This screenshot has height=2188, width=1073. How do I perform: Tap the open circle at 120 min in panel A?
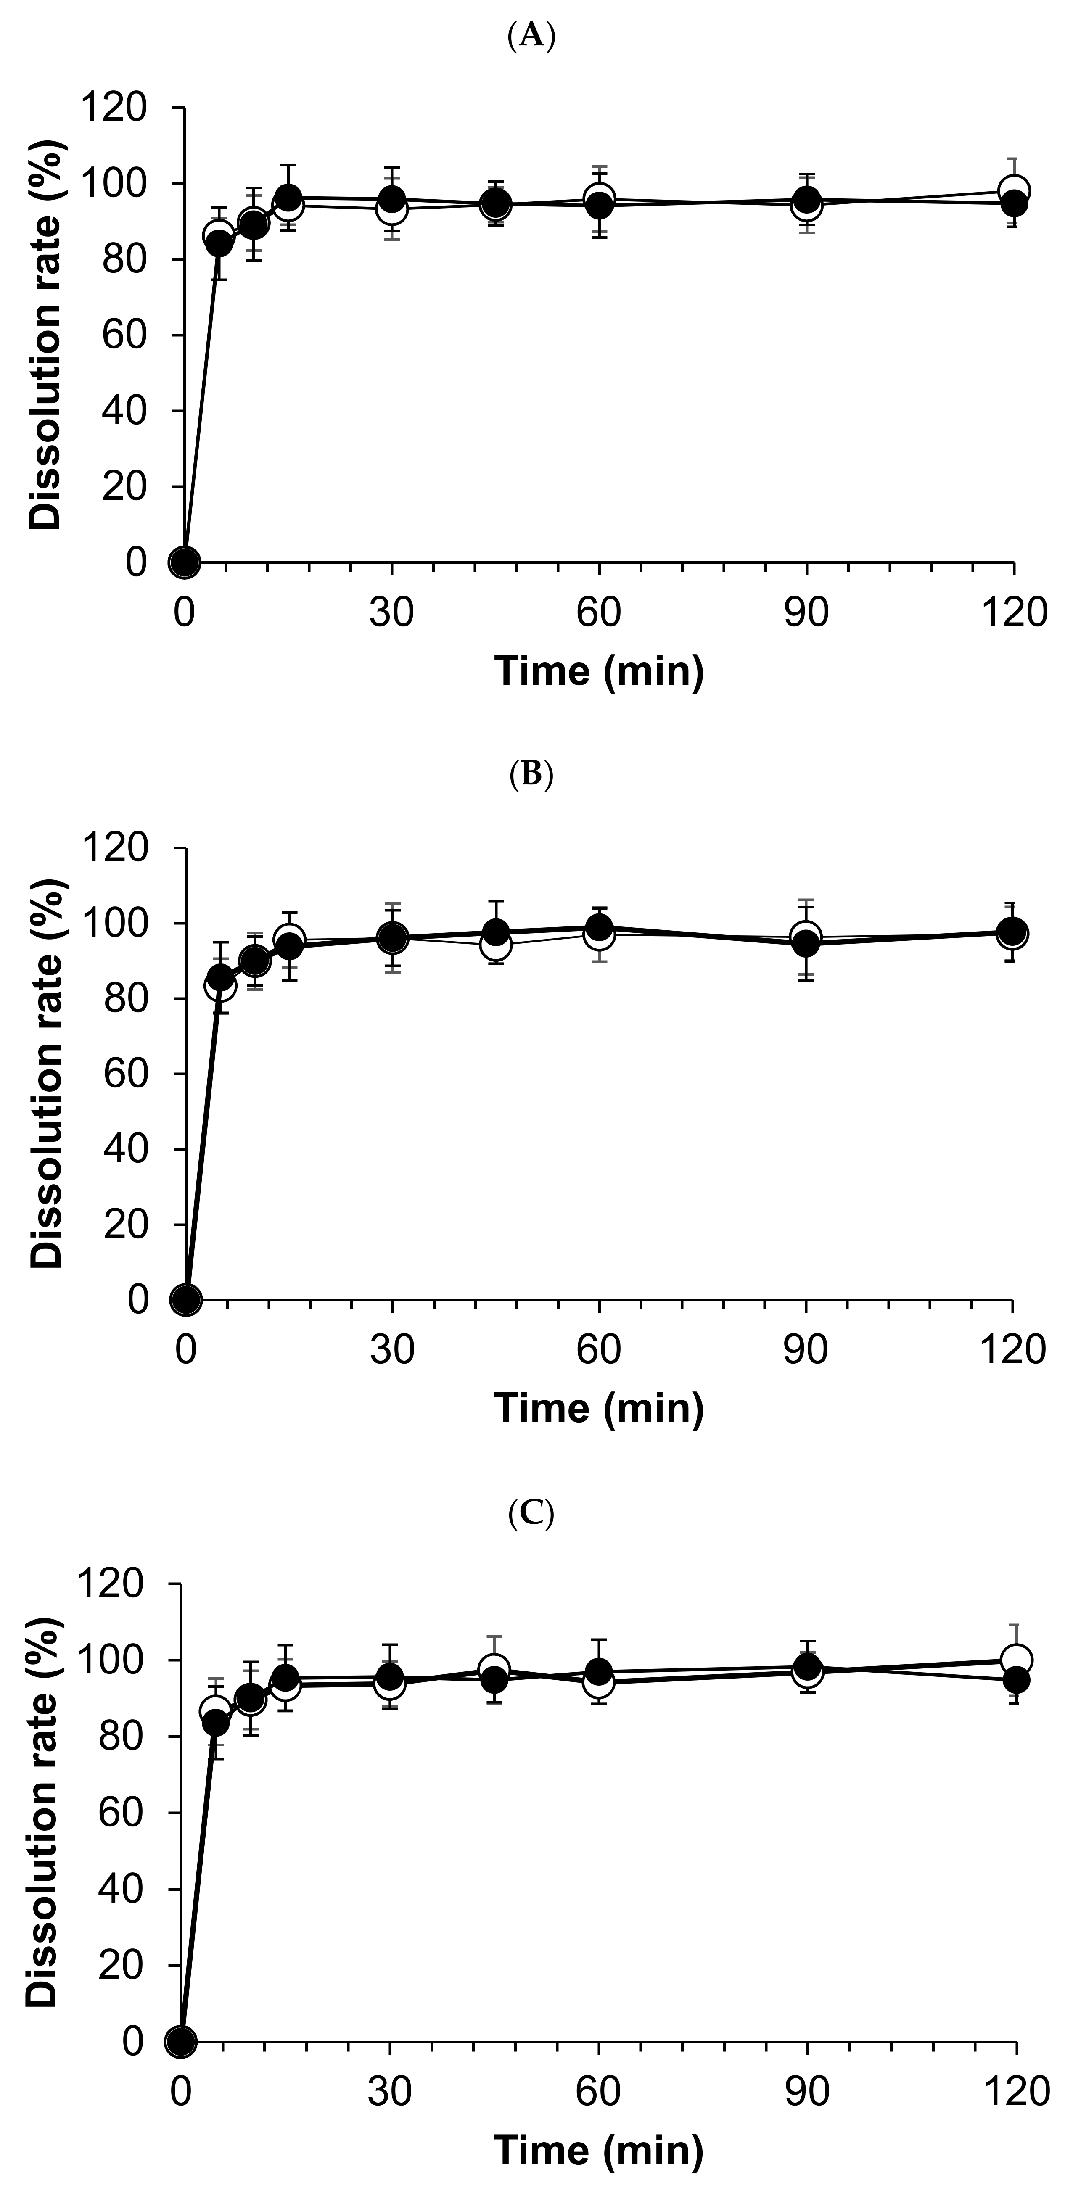tap(1014, 190)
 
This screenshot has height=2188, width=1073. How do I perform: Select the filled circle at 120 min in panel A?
tap(1014, 204)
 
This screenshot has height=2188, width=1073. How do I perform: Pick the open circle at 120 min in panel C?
tap(1016, 1659)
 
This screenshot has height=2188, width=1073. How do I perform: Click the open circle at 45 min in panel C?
tap(494, 1669)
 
